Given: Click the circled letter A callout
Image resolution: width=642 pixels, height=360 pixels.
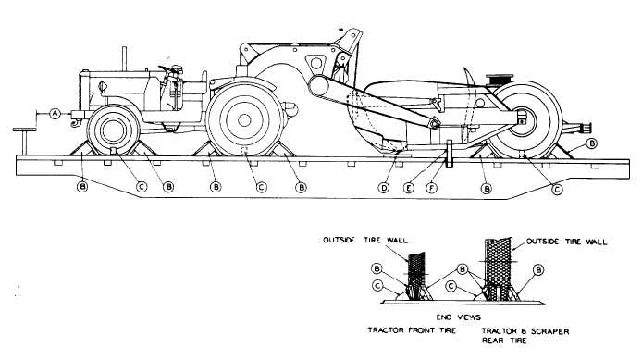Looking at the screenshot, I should (55, 113).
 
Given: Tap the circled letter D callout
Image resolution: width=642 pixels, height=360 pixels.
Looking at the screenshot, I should (383, 188).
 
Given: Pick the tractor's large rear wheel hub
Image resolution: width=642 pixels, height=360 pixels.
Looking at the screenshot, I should (245, 119).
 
